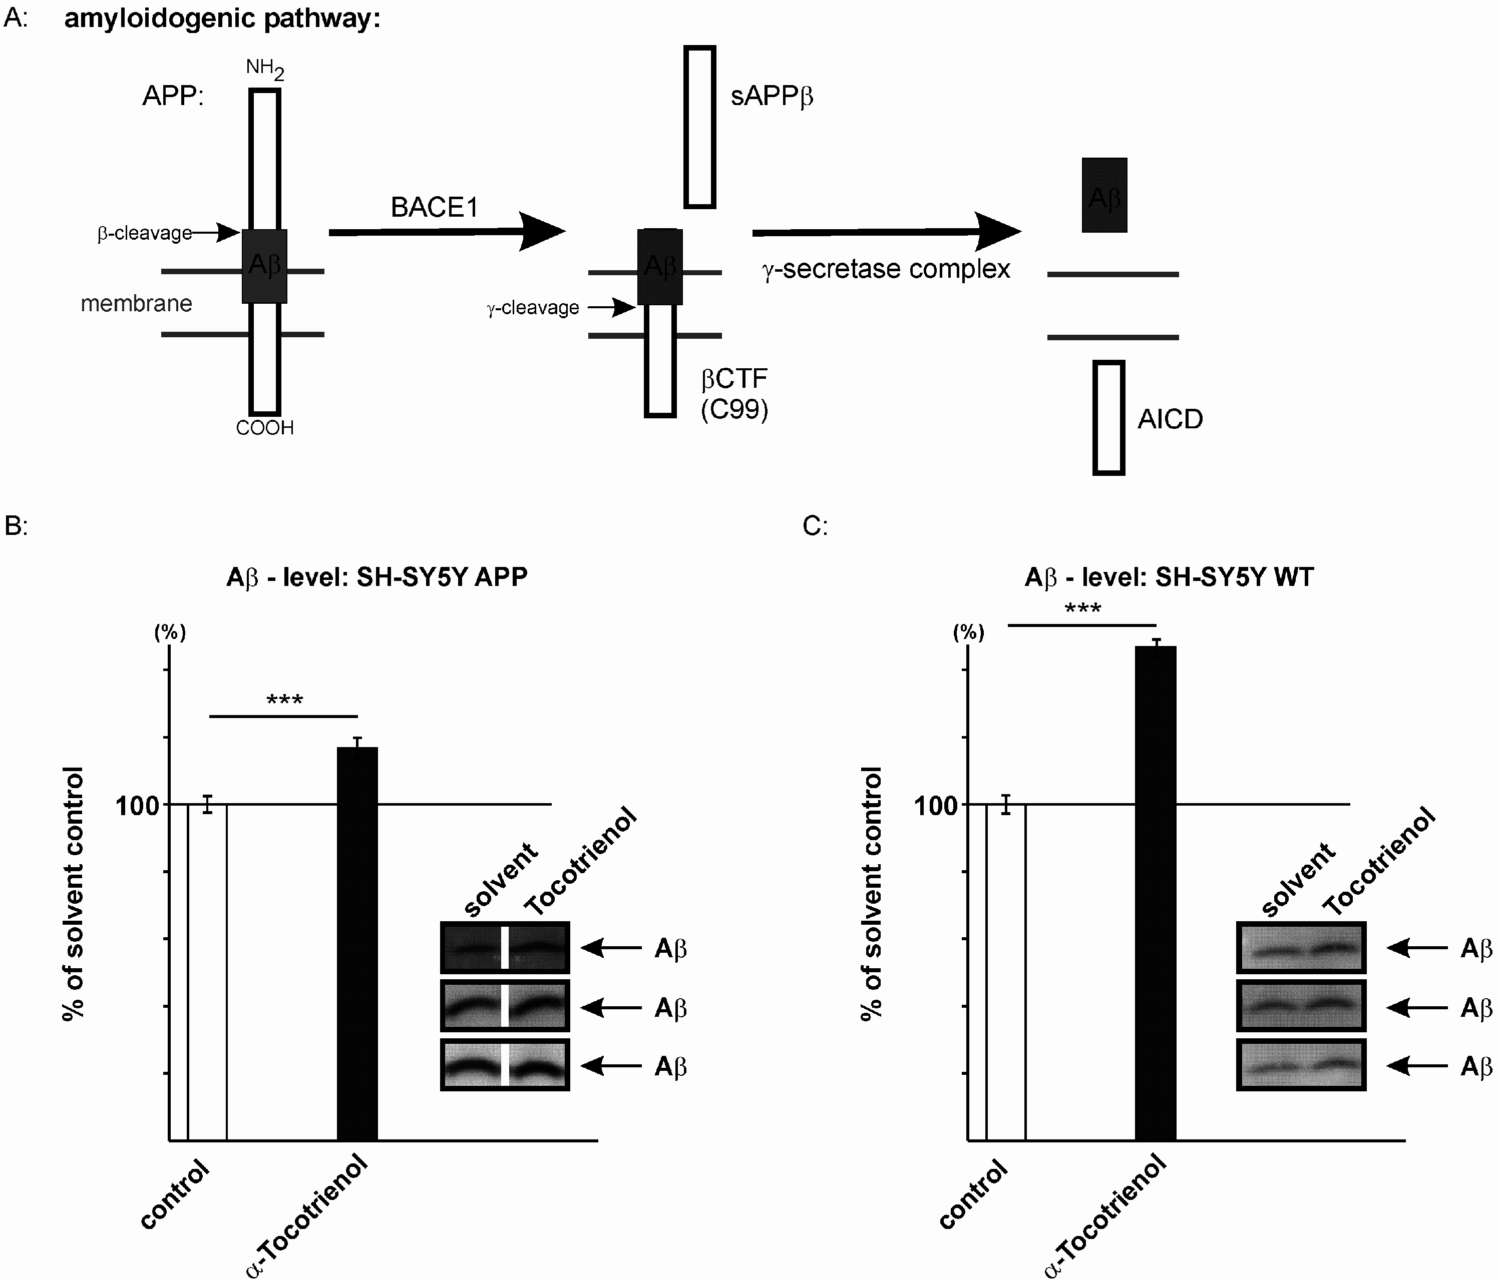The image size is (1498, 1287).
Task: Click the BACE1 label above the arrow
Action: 435,207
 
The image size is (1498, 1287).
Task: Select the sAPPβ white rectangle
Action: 699,127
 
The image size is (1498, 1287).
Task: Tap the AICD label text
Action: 1170,419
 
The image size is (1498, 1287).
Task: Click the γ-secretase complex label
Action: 886,269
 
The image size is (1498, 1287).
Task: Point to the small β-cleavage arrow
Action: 217,232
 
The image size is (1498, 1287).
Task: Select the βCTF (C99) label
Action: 734,394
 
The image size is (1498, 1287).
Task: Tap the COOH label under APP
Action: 265,428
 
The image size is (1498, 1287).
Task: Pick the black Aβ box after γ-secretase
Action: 1104,195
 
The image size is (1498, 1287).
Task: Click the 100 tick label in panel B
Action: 137,805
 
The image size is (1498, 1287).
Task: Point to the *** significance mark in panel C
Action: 1083,609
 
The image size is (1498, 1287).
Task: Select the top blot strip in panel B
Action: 505,947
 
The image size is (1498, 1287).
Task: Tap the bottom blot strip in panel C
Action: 1301,1064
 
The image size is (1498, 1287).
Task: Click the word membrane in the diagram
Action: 136,304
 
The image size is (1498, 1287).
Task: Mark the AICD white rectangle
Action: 1108,418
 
